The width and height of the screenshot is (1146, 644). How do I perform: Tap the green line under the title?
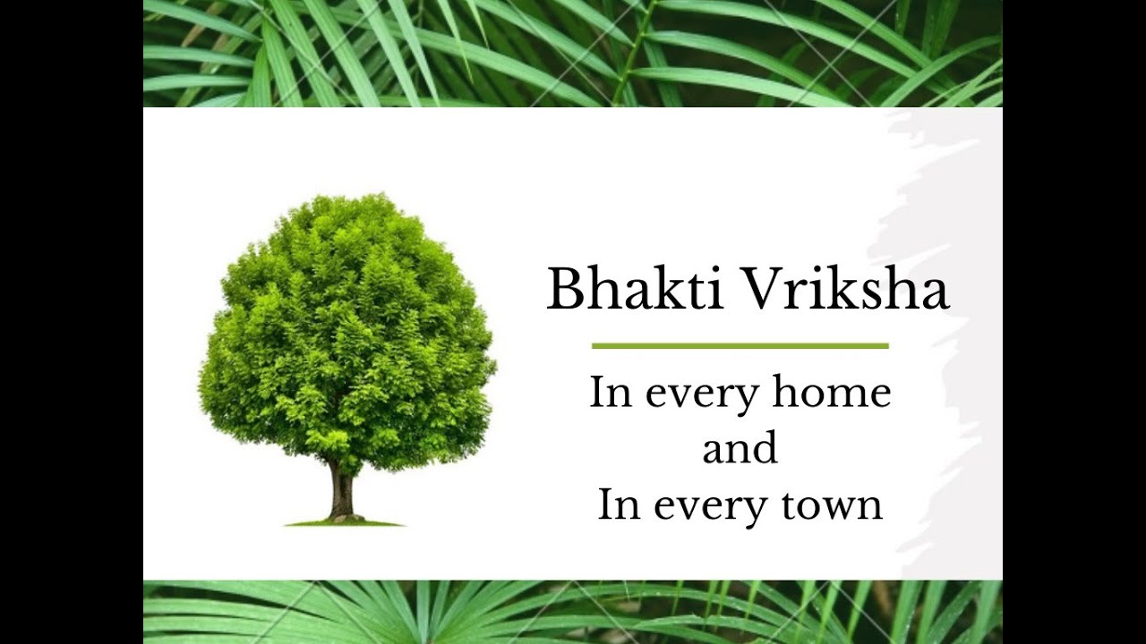pos(740,345)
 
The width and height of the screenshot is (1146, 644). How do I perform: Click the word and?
pos(740,449)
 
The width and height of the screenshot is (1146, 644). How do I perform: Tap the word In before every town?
pos(619,505)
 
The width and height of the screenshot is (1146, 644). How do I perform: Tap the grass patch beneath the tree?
pos(345,521)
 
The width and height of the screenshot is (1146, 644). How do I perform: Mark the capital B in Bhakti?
pos(565,289)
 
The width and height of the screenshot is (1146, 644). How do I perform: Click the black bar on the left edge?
pos(72,322)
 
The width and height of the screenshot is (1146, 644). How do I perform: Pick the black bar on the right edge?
pos(1074,322)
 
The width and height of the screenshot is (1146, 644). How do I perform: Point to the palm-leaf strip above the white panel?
pos(573,54)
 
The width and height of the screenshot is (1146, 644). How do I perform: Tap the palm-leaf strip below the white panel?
pos(573,612)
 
